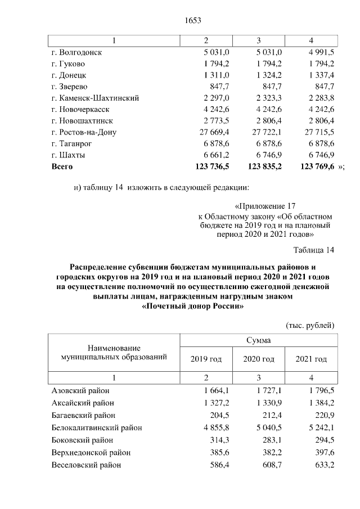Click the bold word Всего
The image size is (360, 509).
point(62,166)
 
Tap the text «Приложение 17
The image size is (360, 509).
point(264,206)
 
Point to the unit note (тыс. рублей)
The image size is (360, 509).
point(310,325)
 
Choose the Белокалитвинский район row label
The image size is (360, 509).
point(96,427)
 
